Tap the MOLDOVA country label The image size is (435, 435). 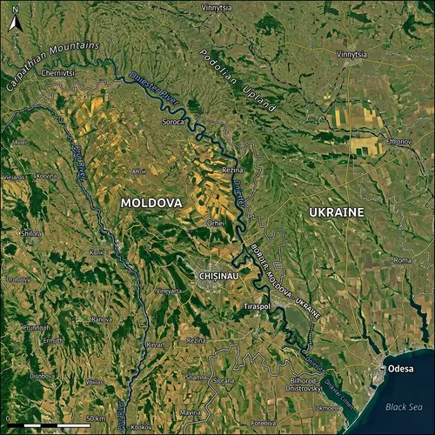151,203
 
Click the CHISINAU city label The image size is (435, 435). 224,275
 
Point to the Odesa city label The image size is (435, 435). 396,369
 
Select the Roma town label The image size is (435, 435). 402,260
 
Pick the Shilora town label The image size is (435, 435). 31,233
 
